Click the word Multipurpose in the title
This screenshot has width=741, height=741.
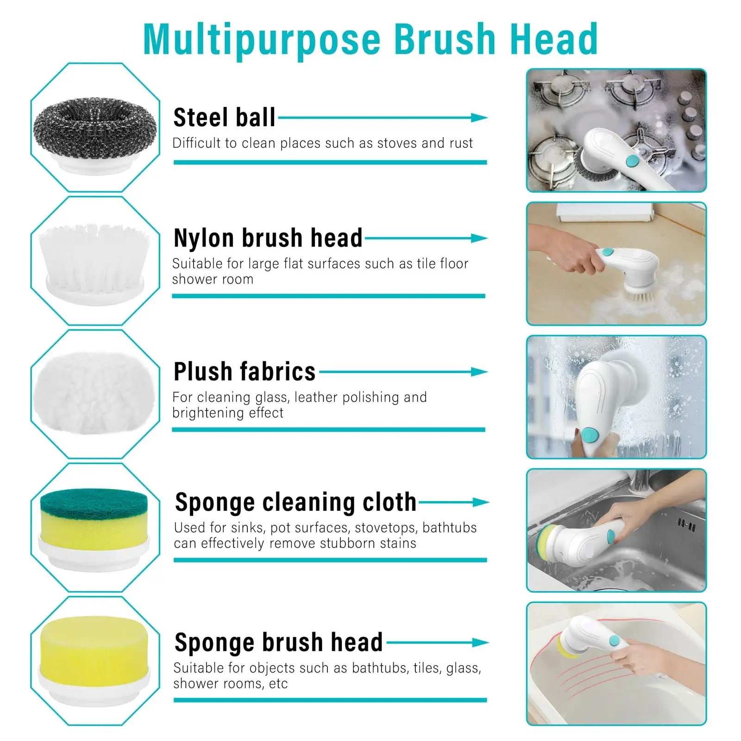pos(262,39)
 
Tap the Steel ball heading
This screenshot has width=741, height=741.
pos(224,118)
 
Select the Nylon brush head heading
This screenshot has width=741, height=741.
pos(268,238)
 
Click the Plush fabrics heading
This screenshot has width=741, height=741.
pos(244,371)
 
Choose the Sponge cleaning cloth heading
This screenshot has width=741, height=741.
pos(295,502)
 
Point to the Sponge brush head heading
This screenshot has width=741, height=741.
pos(278,642)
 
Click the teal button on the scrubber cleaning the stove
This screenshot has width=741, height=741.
pos(632,161)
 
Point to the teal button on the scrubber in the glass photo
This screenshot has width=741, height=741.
pos(590,435)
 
